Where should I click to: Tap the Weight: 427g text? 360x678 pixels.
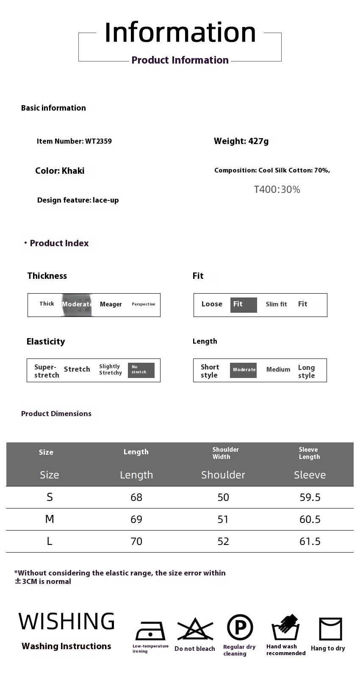point(241,141)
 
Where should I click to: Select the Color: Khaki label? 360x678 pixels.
point(60,171)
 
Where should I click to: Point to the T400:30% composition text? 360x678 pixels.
point(277,189)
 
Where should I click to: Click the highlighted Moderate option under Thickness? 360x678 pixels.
point(77,304)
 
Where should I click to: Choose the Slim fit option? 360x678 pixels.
point(276,304)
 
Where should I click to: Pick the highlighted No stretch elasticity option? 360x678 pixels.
point(141,370)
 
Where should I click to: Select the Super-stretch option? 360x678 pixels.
point(47,371)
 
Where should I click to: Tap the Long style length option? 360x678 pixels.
point(306,371)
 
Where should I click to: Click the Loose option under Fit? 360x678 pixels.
point(212,304)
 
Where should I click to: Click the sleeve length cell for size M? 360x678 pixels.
point(310,519)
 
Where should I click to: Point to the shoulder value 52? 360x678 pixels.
point(223,541)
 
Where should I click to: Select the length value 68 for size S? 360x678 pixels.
point(136,497)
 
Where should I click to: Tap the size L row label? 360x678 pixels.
point(50,541)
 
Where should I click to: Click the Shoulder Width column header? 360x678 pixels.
point(225,453)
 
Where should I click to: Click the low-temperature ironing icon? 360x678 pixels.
point(150,631)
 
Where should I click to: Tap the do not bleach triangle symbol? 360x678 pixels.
point(195,629)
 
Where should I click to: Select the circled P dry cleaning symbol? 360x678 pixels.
point(240,628)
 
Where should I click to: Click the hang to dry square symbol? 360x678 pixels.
point(330,629)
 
